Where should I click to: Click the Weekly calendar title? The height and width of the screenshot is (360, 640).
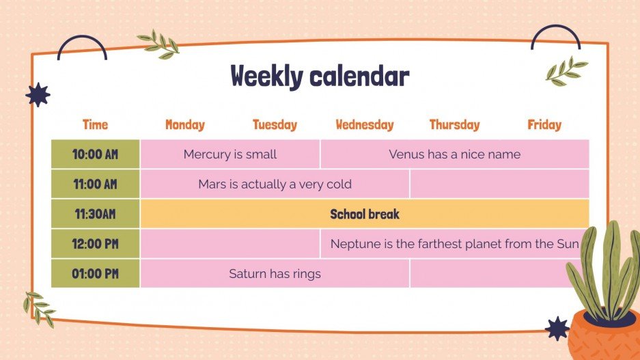[320, 77]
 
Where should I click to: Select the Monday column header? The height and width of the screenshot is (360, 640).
[184, 124]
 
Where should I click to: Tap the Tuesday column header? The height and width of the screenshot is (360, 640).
[275, 124]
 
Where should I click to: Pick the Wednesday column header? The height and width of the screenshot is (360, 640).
[365, 124]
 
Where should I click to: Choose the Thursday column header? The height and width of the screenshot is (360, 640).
[454, 124]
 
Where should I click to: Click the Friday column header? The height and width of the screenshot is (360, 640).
[544, 124]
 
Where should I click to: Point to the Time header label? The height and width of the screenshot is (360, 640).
[95, 124]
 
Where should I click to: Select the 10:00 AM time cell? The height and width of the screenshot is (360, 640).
[95, 154]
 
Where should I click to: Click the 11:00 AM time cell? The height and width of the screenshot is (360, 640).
[95, 184]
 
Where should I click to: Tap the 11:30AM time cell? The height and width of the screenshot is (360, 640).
[95, 214]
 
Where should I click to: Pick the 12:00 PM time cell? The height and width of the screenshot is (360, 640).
[95, 244]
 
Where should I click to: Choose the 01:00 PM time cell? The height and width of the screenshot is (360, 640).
[95, 274]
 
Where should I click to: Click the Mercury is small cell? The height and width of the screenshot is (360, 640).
[229, 154]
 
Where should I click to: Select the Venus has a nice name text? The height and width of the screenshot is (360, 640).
[454, 154]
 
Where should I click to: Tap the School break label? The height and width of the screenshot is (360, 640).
[365, 214]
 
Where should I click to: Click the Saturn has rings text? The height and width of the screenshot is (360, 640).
[275, 274]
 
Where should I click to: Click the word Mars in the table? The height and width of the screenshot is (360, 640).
[211, 184]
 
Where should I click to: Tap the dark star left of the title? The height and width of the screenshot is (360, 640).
[38, 95]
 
